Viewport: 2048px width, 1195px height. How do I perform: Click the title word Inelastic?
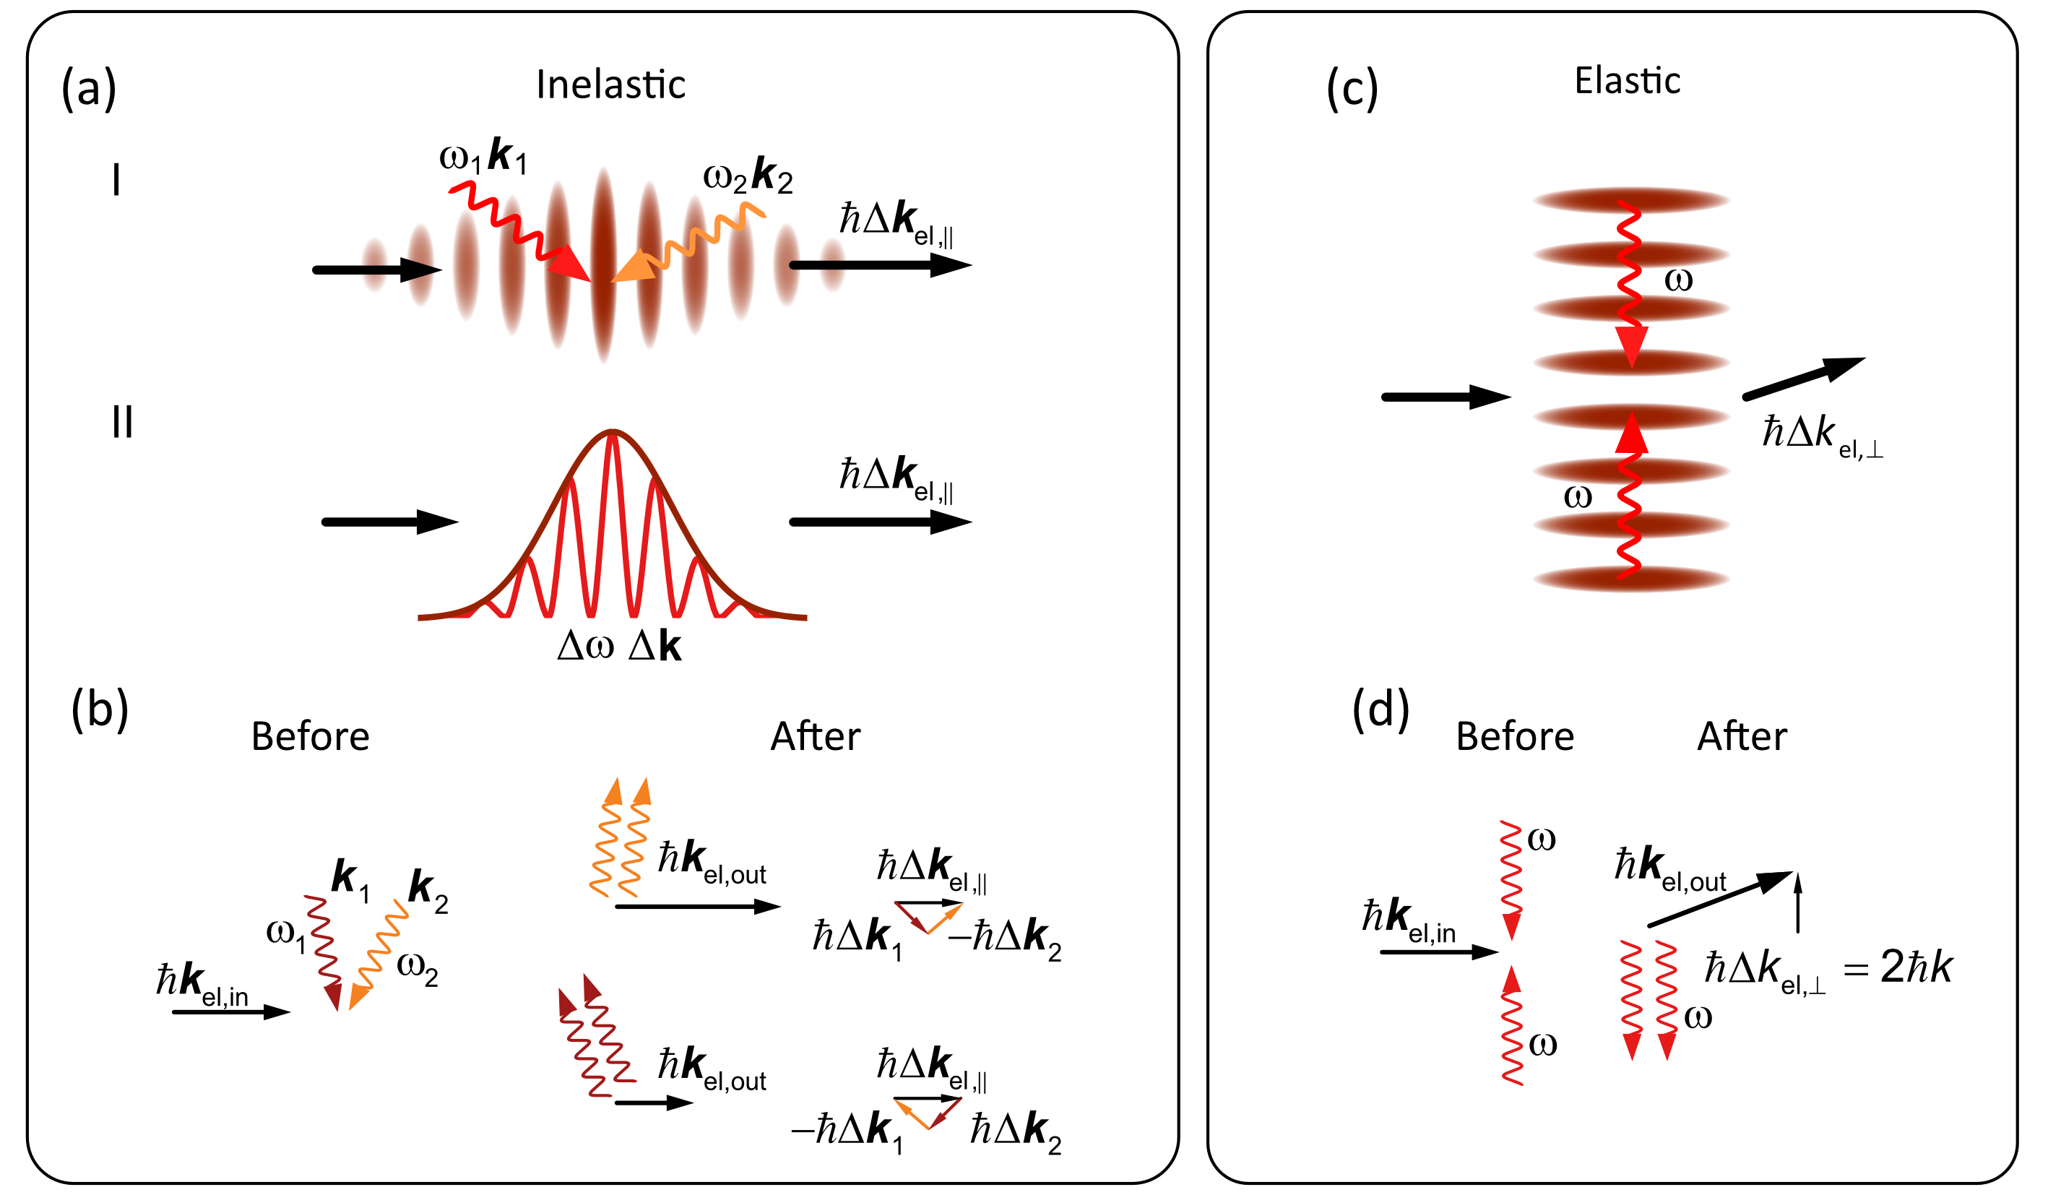610,85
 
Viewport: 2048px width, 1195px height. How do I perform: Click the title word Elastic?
1626,80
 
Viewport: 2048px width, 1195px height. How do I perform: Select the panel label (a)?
90,88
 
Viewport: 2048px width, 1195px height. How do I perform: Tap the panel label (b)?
100,709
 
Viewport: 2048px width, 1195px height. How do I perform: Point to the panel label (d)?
1380,709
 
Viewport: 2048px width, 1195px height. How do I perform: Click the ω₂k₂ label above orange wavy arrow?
748,175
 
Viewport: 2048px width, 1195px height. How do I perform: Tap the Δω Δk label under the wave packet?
619,647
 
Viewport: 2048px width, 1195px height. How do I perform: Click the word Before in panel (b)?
310,736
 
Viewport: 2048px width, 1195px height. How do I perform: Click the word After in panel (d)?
1742,736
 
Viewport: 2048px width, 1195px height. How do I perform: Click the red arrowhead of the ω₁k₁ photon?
571,264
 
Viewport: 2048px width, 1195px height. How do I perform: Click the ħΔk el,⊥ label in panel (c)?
1820,435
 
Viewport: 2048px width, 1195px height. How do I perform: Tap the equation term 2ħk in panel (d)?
1916,967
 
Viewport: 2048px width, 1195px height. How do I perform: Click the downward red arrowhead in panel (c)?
1631,345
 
